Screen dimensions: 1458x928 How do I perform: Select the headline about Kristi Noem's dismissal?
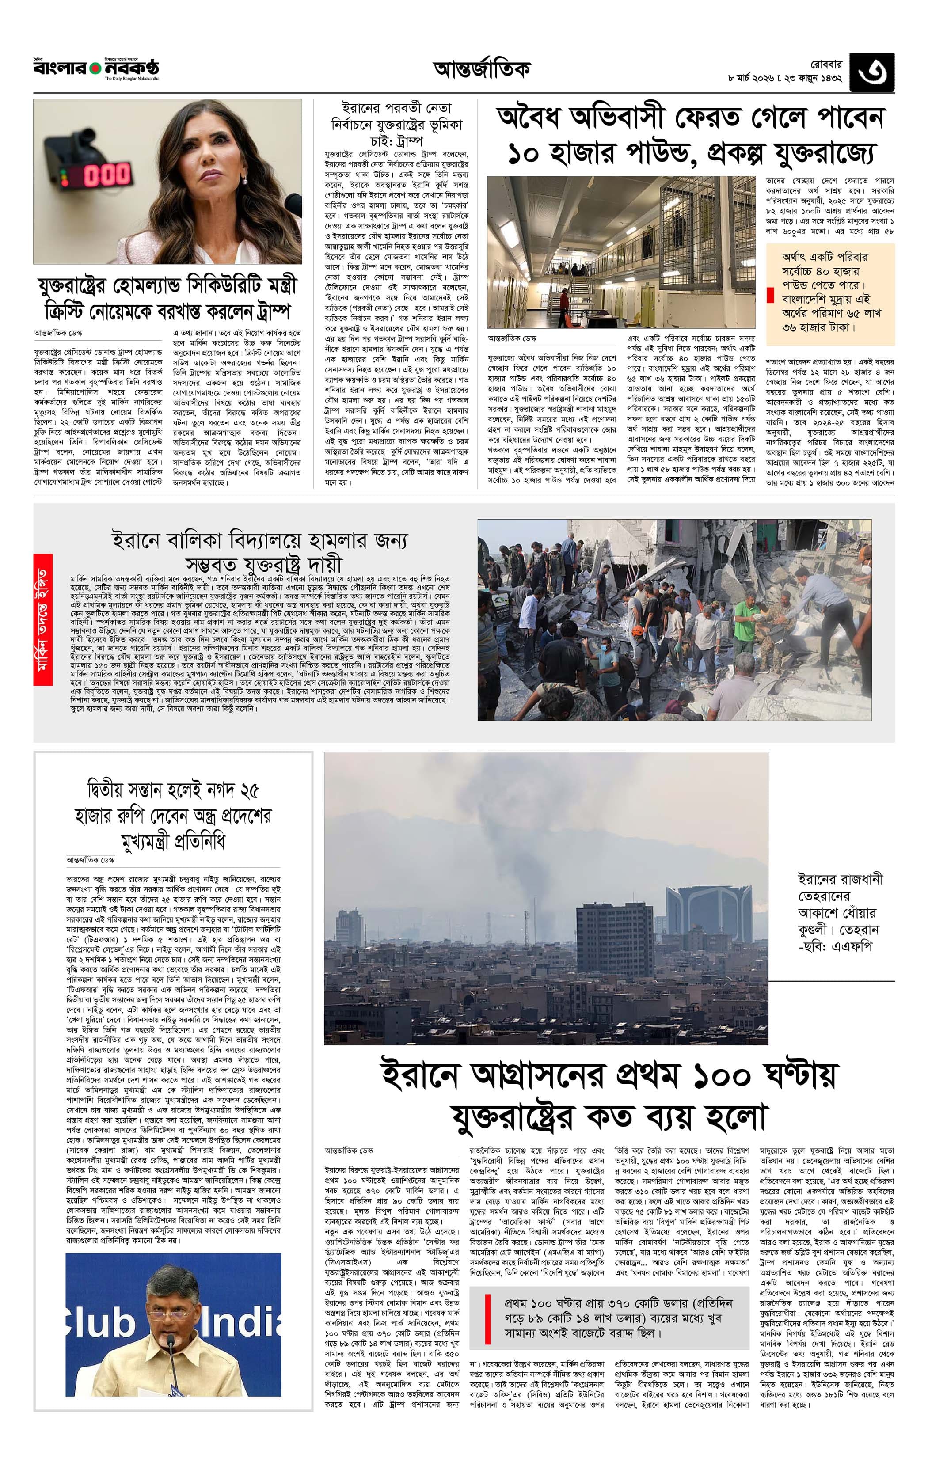click(x=167, y=299)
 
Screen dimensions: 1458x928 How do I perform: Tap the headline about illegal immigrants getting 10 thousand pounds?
click(x=691, y=136)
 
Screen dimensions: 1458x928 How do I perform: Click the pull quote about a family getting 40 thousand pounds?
click(x=831, y=292)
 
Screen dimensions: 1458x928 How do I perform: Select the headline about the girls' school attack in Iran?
click(x=260, y=551)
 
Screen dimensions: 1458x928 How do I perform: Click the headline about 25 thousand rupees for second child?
click(x=173, y=816)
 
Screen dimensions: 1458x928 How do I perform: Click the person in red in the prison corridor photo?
click(x=564, y=297)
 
